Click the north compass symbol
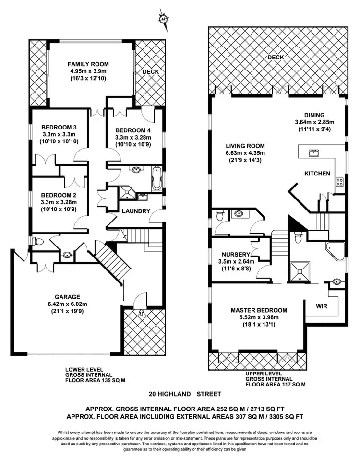[x=164, y=18]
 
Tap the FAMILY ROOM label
[x=88, y=64]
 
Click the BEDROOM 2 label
[x=58, y=195]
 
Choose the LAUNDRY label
[x=136, y=211]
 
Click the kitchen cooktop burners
[x=339, y=181]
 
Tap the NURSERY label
[x=234, y=254]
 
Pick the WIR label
[x=322, y=305]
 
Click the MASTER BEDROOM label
[x=259, y=310]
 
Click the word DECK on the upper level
[x=276, y=57]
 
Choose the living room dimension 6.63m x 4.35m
[x=246, y=153]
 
